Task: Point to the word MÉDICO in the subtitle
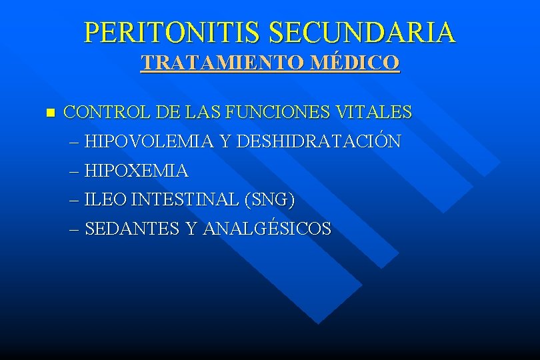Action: (x=360, y=63)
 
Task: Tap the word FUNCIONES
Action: (x=275, y=112)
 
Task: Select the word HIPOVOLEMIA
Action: (x=149, y=141)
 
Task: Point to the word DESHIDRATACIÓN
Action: (x=319, y=141)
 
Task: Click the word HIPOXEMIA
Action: (x=137, y=171)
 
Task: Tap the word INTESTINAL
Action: (x=187, y=199)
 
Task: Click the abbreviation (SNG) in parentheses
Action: (x=270, y=199)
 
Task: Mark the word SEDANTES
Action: (x=133, y=229)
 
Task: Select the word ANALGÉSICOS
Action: (x=267, y=229)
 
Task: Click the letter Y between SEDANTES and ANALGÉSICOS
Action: (x=191, y=229)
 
